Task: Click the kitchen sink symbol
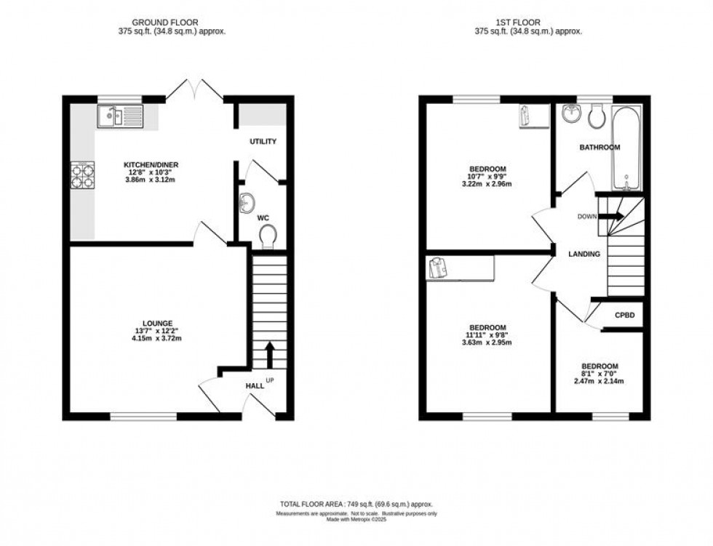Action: coord(120,116)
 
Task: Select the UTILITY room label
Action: coord(263,141)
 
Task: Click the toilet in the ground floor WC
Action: coord(267,235)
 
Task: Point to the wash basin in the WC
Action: coord(247,201)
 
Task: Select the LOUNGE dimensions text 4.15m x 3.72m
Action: coord(157,339)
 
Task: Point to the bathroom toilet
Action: coord(600,115)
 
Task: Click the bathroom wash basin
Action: coord(572,113)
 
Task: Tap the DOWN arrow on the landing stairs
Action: coord(613,216)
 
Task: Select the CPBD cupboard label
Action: coord(625,316)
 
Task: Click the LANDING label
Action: coord(584,254)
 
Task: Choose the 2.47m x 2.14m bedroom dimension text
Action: coord(599,380)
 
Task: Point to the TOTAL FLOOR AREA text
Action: coord(356,503)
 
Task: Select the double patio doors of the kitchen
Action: coord(194,90)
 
